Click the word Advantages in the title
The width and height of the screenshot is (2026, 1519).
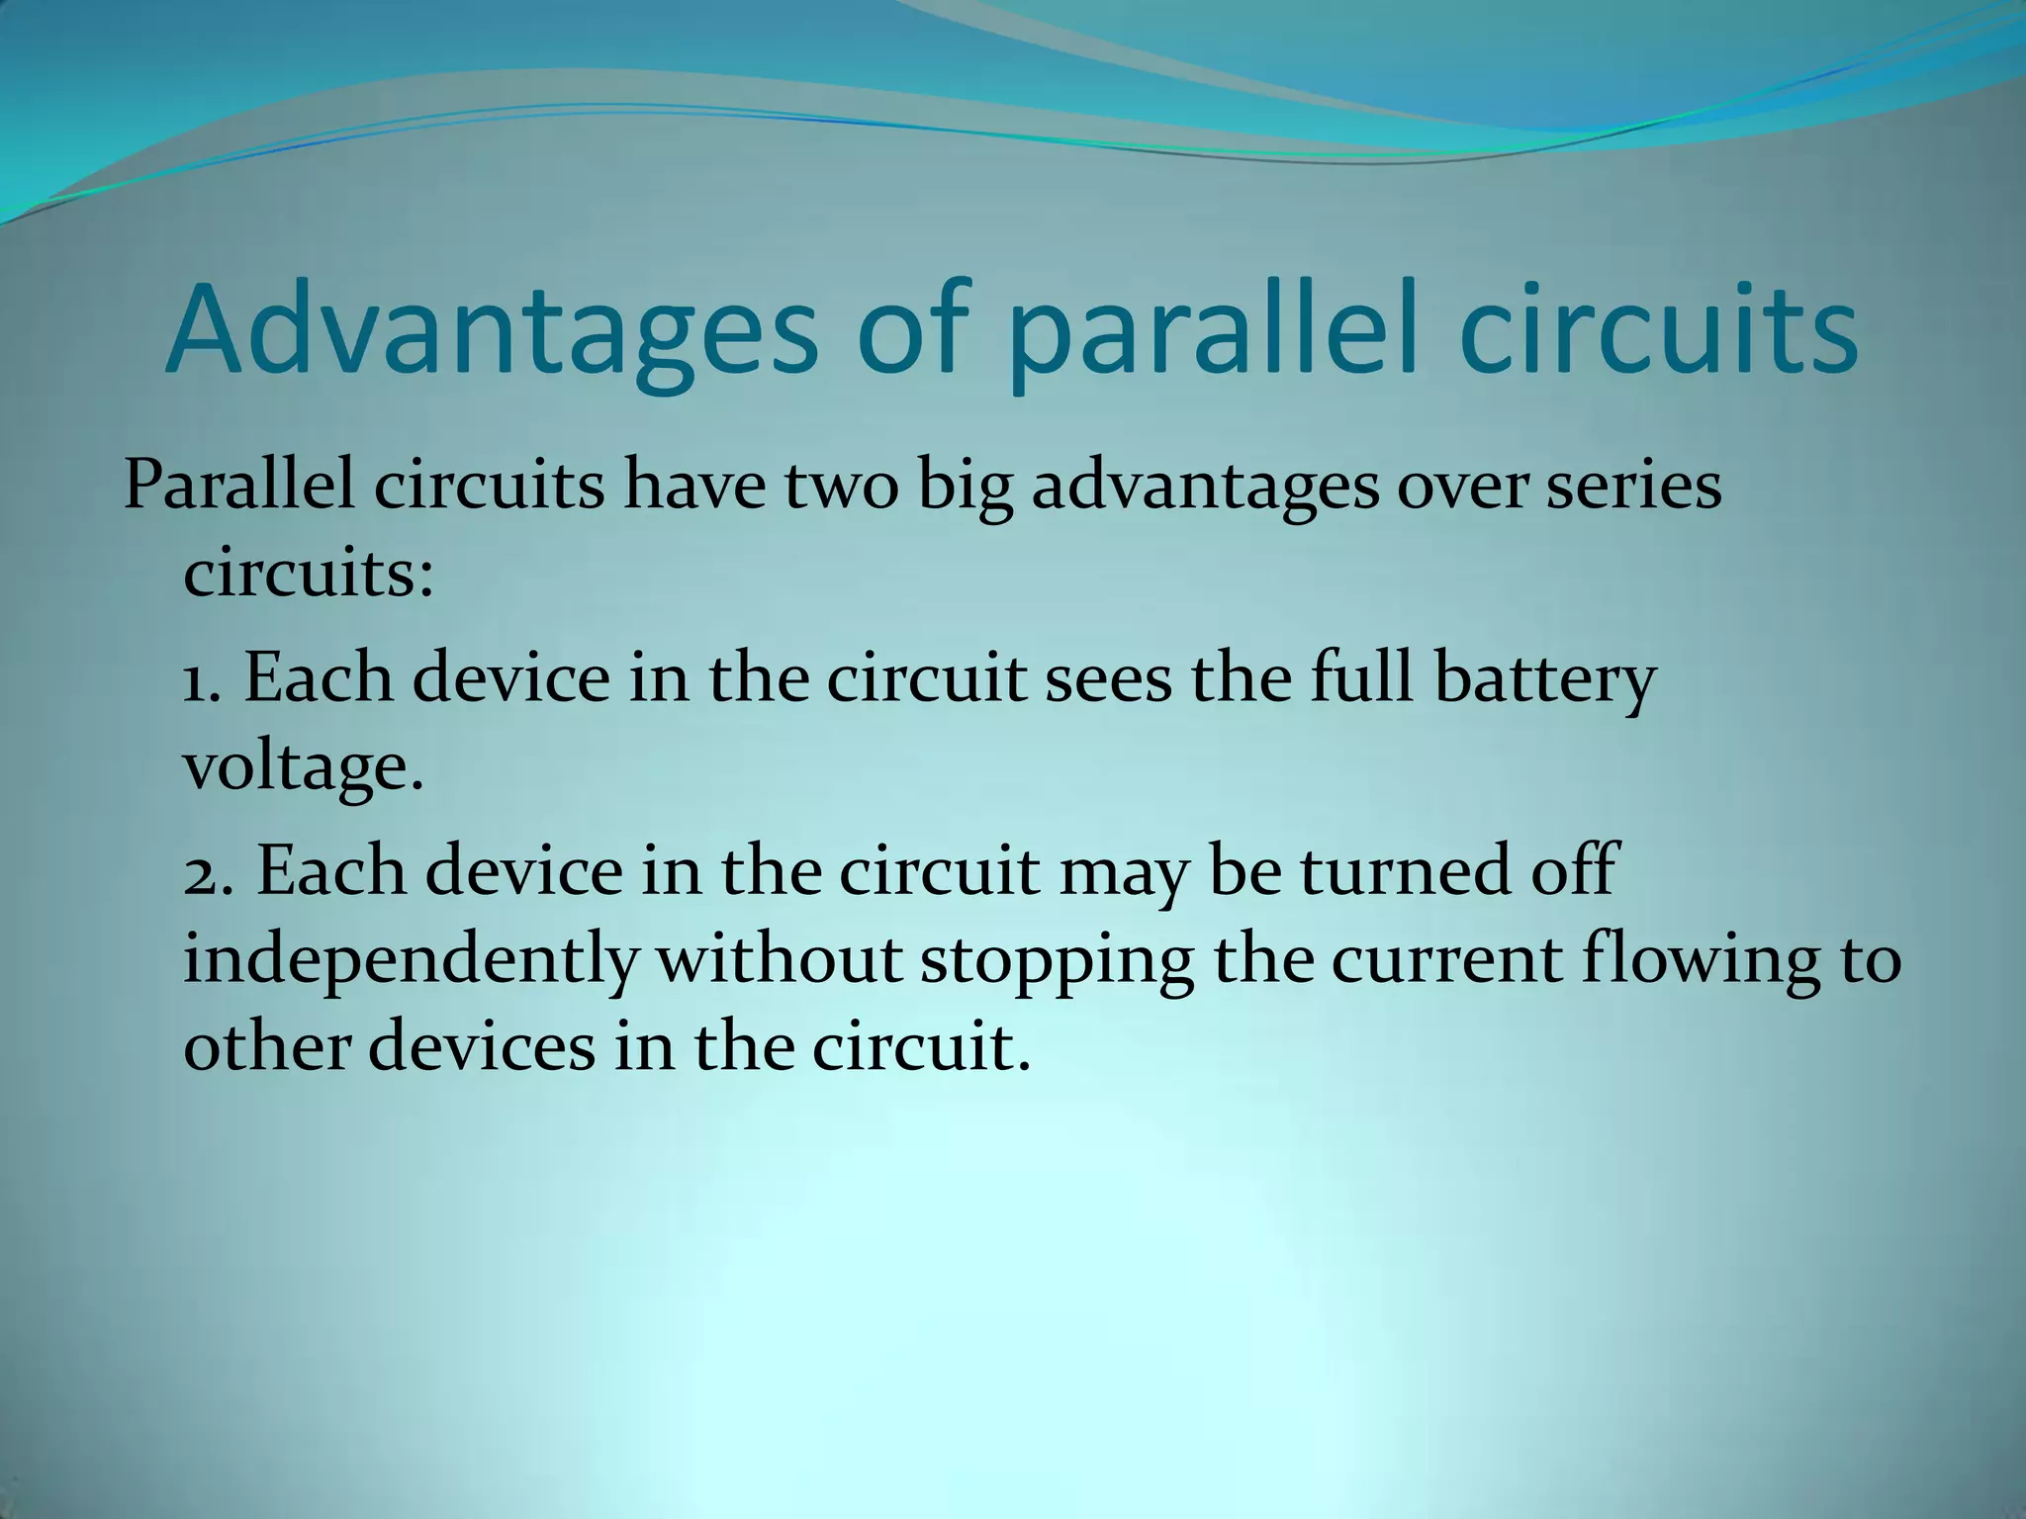pyautogui.click(x=490, y=329)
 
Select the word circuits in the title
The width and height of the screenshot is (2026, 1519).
pyautogui.click(x=1659, y=329)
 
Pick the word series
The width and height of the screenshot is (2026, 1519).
pyautogui.click(x=1633, y=487)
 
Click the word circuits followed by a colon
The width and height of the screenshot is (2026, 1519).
pyautogui.click(x=308, y=574)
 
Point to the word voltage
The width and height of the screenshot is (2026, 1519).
pyautogui.click(x=303, y=767)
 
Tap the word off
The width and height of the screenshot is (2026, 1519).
pyautogui.click(x=1572, y=871)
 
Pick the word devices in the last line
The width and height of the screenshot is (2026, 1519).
pyautogui.click(x=483, y=1047)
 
